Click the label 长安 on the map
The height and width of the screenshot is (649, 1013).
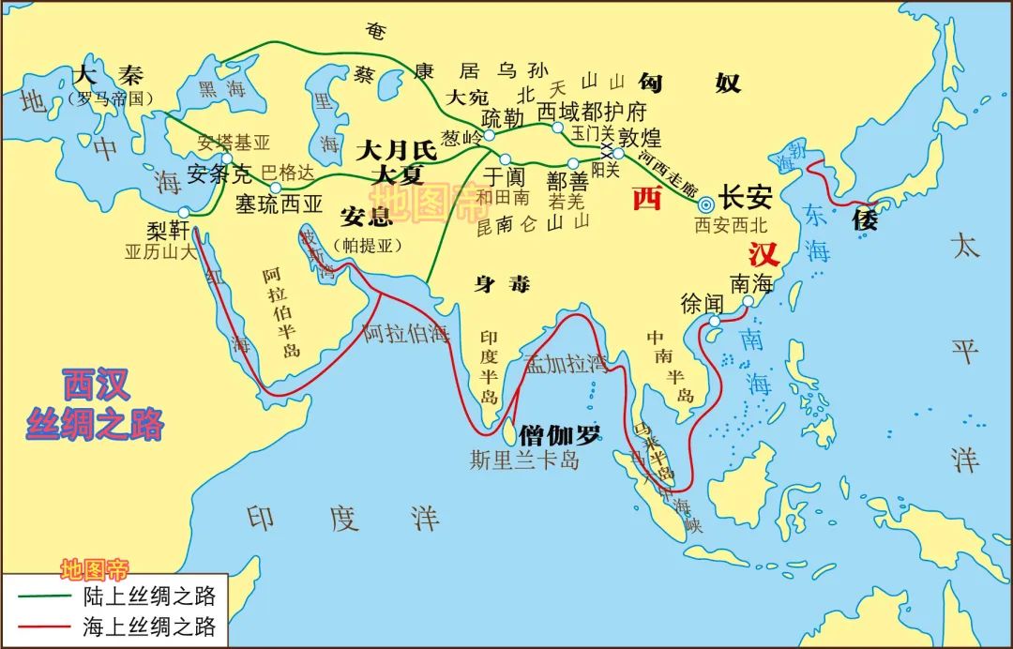coord(747,199)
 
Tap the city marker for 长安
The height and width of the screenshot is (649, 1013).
coord(706,201)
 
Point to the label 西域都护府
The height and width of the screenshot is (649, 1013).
coord(592,112)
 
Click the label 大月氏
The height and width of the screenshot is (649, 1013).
coord(398,149)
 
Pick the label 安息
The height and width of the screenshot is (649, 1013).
coord(366,218)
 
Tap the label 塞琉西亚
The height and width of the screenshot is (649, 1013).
coord(279,203)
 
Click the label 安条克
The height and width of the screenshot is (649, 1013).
coord(219,174)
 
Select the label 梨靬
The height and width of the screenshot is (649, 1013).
coord(169,230)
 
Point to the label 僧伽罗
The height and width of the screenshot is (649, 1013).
coord(560,432)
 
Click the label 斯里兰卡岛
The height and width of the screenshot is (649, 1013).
coord(524,460)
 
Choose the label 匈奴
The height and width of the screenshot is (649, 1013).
coord(689,83)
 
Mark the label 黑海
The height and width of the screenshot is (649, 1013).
coord(221,88)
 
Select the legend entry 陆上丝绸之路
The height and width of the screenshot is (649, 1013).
coord(149,596)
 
